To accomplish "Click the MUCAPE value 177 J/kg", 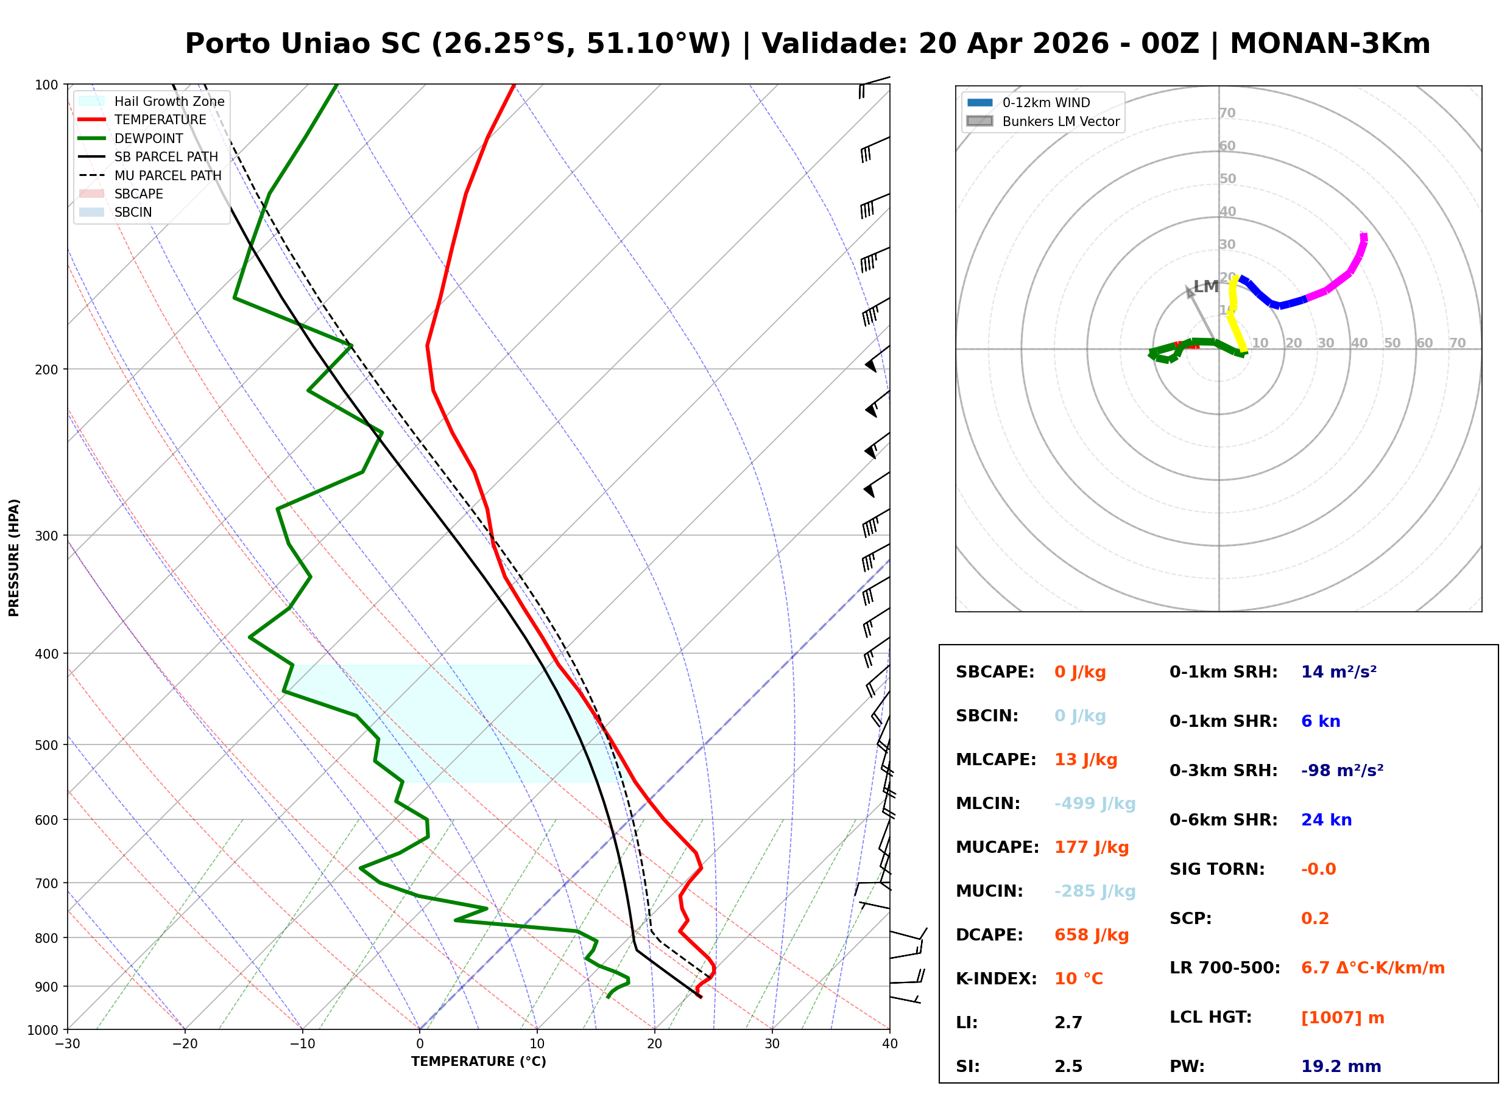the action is click(x=1092, y=847).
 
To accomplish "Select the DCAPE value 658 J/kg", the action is click(x=1092, y=935).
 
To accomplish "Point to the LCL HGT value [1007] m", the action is click(x=1343, y=1018).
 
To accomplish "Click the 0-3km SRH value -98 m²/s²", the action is click(x=1342, y=771).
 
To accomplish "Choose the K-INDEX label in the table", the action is click(x=997, y=979).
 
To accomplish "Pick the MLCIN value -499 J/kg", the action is click(x=1095, y=804).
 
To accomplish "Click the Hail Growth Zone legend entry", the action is click(x=152, y=101).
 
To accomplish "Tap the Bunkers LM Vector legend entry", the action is click(x=1043, y=121).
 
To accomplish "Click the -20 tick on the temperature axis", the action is click(x=185, y=1044).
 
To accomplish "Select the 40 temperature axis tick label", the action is click(x=889, y=1044).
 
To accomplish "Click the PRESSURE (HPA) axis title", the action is click(x=14, y=558).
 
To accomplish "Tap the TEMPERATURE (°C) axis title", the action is click(x=479, y=1062).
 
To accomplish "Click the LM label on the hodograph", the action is click(x=1205, y=287).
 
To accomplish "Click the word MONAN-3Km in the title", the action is click(x=1330, y=44).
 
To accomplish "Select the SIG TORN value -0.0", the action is click(x=1318, y=869).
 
